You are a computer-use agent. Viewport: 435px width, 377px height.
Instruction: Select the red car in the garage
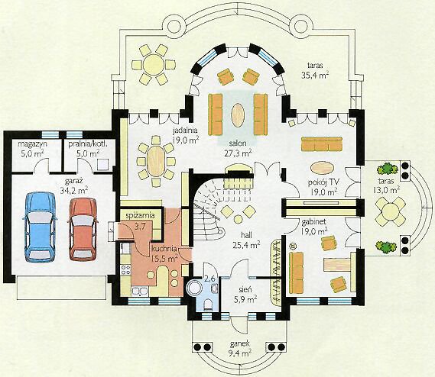[83, 230]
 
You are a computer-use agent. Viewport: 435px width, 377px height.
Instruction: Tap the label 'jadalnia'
[185, 130]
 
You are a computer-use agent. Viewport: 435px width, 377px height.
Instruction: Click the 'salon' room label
[238, 143]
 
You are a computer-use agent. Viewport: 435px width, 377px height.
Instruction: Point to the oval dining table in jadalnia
[156, 161]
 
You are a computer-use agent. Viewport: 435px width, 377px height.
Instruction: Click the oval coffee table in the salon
[238, 115]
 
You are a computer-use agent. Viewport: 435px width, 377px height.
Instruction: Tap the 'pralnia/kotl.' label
[88, 144]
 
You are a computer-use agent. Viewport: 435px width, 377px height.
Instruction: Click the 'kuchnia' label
[164, 249]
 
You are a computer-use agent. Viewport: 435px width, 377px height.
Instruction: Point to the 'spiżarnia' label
[140, 216]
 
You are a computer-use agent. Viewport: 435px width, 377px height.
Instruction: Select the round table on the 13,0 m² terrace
[390, 211]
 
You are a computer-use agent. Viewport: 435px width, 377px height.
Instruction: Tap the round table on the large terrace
[154, 65]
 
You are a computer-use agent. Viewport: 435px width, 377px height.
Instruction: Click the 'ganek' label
[240, 343]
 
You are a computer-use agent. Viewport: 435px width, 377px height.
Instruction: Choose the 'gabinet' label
[313, 222]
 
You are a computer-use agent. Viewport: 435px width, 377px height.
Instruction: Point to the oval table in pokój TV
[322, 168]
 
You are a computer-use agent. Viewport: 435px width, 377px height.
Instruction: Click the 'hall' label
[246, 236]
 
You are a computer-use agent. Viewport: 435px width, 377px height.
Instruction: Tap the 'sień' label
[245, 290]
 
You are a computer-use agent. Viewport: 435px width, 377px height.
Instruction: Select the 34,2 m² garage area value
[74, 191]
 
